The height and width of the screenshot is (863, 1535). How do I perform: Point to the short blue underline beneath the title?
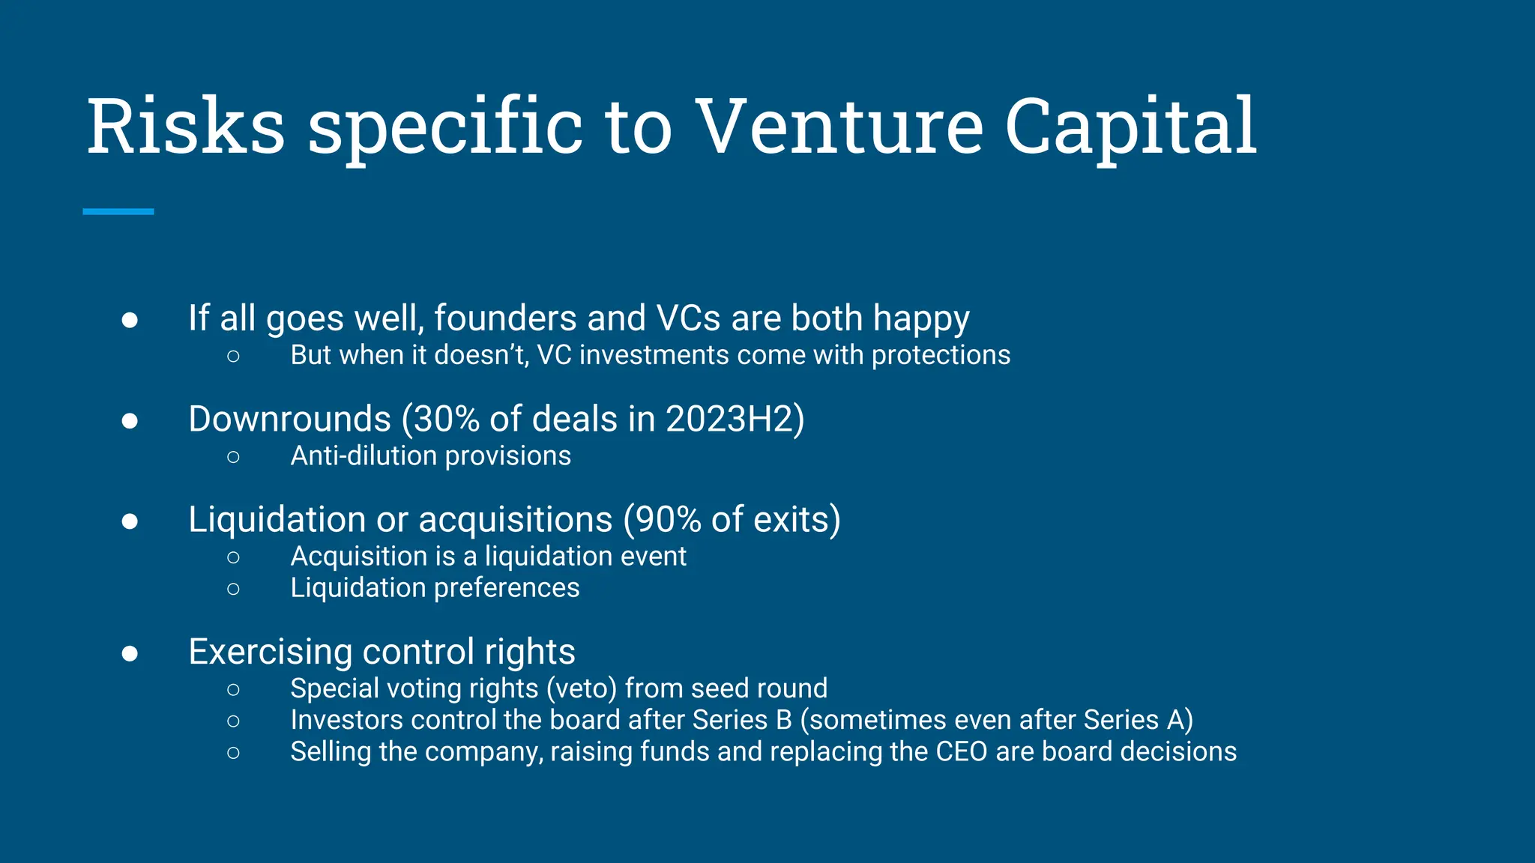118,212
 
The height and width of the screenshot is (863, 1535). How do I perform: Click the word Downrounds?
289,419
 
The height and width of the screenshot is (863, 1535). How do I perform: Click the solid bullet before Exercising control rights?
130,653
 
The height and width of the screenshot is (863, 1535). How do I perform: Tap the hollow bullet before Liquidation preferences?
233,589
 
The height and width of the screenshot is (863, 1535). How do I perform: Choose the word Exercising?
270,652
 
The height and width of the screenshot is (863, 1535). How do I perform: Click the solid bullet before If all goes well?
130,320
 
